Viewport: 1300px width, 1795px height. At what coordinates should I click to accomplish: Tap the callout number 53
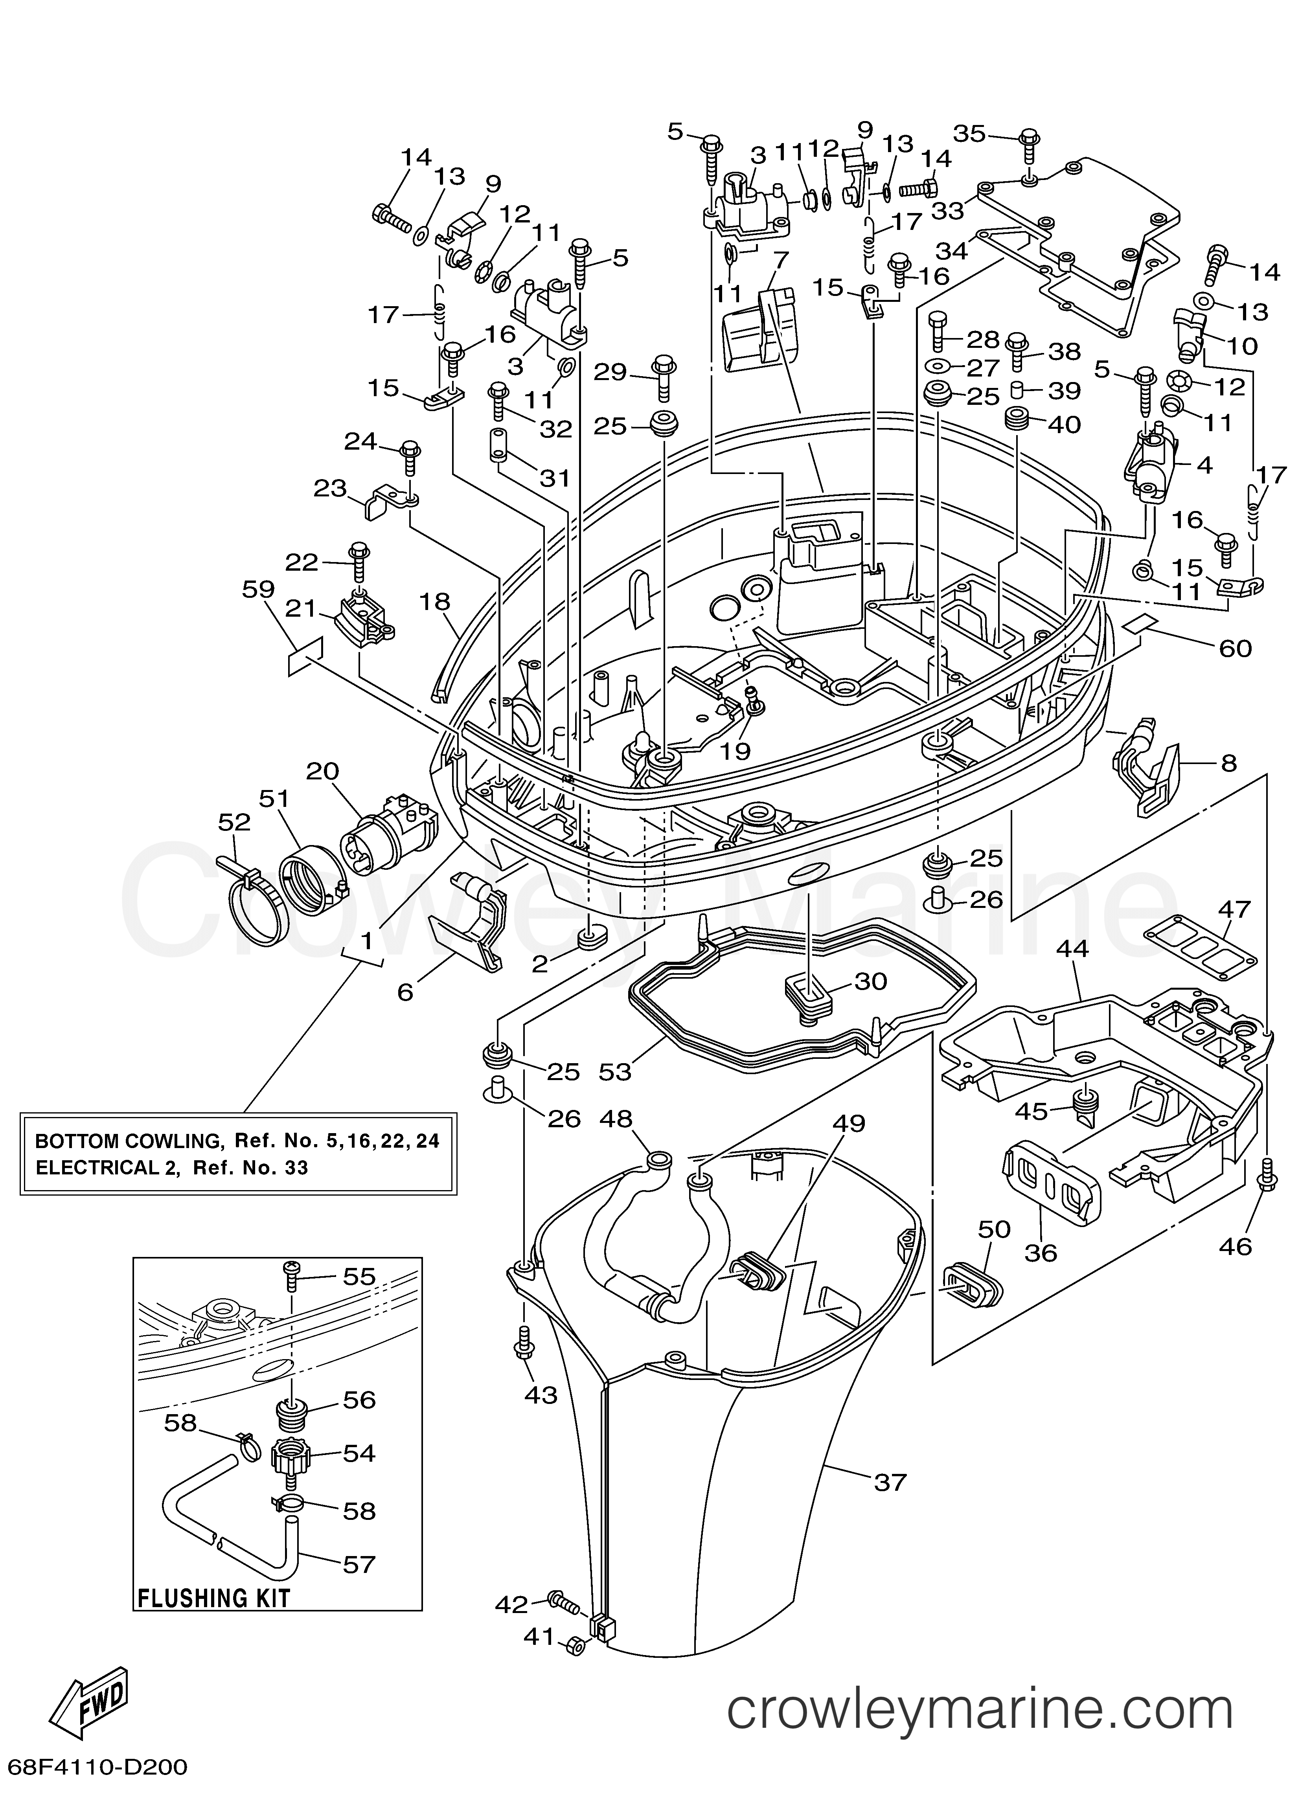(x=614, y=1072)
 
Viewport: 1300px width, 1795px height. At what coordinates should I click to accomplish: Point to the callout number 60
(x=1235, y=648)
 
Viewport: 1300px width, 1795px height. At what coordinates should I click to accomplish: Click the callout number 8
(x=1228, y=764)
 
